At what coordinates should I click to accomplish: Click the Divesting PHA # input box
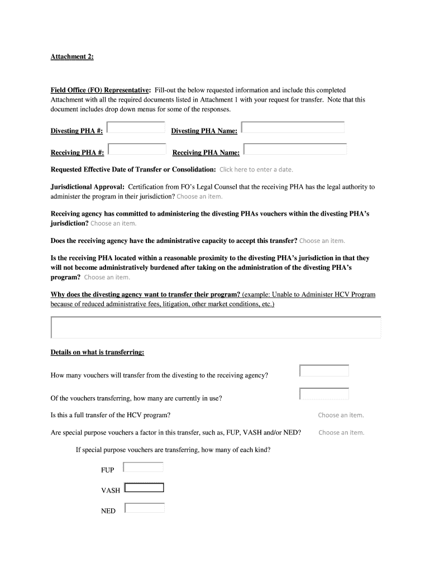click(x=136, y=128)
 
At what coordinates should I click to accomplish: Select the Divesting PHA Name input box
click(x=293, y=128)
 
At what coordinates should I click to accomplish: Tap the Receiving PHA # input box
click(x=137, y=150)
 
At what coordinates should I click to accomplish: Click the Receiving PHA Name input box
click(x=295, y=150)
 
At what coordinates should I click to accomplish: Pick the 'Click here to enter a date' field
click(x=256, y=170)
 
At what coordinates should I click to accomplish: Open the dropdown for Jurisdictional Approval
click(x=199, y=197)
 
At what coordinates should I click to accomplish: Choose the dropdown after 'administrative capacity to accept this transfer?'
click(x=322, y=241)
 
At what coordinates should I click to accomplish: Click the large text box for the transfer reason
click(x=216, y=327)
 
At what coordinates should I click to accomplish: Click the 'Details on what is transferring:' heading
click(x=98, y=352)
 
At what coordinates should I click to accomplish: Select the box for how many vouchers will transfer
click(x=324, y=371)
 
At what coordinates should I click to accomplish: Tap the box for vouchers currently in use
click(x=324, y=394)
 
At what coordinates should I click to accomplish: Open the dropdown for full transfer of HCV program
click(x=341, y=415)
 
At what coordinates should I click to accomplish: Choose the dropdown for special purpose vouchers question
click(x=341, y=432)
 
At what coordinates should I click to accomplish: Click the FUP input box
click(x=143, y=467)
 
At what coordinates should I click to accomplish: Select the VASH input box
click(x=144, y=488)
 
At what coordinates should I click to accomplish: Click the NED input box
click(x=145, y=508)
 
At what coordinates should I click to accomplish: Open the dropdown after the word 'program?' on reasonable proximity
click(x=107, y=277)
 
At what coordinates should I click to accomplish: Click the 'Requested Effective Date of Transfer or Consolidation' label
click(x=133, y=169)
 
